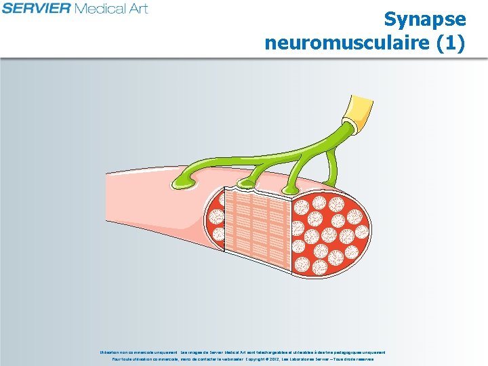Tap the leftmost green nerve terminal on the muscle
pyautogui.click(x=187, y=180)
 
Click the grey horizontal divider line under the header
pyautogui.click(x=244, y=59)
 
